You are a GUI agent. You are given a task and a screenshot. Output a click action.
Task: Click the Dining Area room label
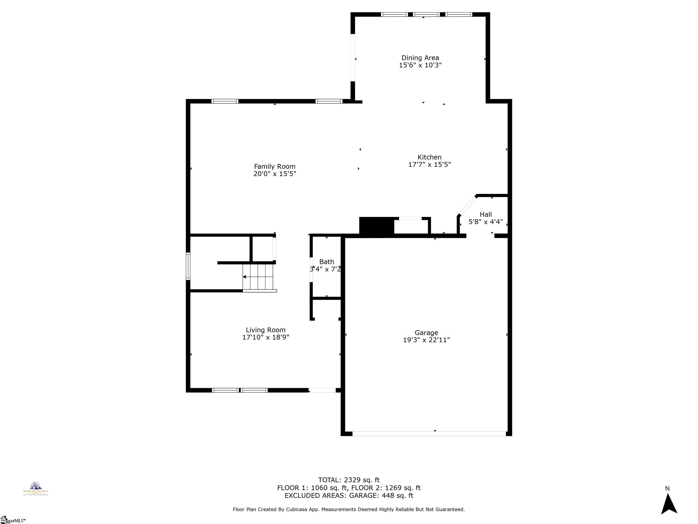click(x=420, y=58)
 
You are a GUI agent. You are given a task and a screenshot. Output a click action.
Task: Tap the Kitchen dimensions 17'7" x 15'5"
click(x=429, y=165)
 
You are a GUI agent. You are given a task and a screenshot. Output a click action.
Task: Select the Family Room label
click(x=274, y=167)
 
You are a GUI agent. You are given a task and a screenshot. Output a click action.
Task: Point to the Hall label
click(x=486, y=214)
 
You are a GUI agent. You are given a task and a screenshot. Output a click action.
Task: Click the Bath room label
click(x=326, y=262)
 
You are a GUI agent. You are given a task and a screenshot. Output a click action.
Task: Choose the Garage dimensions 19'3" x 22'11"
click(x=426, y=340)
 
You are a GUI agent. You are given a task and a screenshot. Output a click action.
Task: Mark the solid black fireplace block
click(x=376, y=226)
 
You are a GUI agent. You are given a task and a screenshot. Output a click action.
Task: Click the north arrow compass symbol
click(x=669, y=504)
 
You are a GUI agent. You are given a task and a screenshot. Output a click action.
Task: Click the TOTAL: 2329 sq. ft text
click(x=349, y=480)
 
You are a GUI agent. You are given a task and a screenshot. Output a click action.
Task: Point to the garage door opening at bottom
click(x=429, y=434)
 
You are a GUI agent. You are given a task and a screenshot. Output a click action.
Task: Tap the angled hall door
click(x=467, y=206)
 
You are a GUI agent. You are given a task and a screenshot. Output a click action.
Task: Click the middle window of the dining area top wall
click(x=426, y=15)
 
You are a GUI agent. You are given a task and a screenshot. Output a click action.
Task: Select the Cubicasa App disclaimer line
click(x=349, y=509)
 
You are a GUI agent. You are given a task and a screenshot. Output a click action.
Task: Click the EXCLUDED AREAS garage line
click(x=349, y=495)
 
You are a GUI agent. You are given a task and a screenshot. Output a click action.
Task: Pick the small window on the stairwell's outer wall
click(x=188, y=266)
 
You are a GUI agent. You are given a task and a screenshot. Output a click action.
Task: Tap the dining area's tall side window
click(x=353, y=58)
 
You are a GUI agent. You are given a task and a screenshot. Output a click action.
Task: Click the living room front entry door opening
click(x=322, y=390)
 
